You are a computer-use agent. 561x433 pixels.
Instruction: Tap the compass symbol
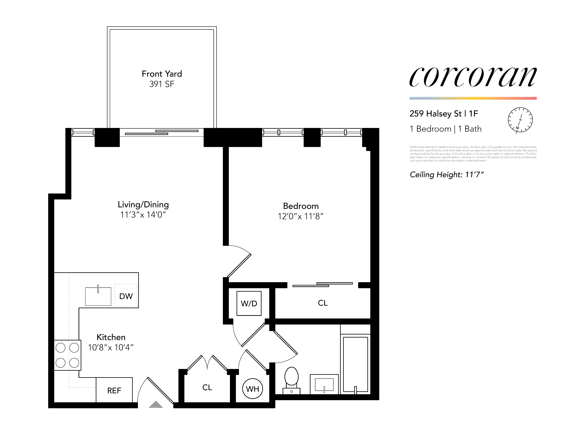pos(520,120)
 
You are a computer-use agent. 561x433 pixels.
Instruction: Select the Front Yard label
pos(162,74)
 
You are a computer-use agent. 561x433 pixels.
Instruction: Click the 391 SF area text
pos(162,84)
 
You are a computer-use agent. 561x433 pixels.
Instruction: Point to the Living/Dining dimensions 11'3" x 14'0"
pos(143,215)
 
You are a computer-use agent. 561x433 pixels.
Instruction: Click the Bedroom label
pos(301,206)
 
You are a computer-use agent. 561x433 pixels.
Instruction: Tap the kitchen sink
pos(98,296)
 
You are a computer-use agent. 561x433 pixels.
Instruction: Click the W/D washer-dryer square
pos(249,303)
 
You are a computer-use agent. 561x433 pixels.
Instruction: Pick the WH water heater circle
pos(252,389)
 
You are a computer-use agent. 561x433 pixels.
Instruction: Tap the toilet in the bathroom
pos(292,380)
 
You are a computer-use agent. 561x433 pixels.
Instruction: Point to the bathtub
pos(355,364)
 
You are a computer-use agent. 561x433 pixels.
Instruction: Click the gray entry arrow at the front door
pos(156,405)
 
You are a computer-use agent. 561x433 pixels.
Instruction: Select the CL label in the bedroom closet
pos(323,303)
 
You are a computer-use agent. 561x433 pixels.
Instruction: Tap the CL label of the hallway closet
pos(207,387)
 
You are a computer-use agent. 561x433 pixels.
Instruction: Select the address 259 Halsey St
pos(435,114)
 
